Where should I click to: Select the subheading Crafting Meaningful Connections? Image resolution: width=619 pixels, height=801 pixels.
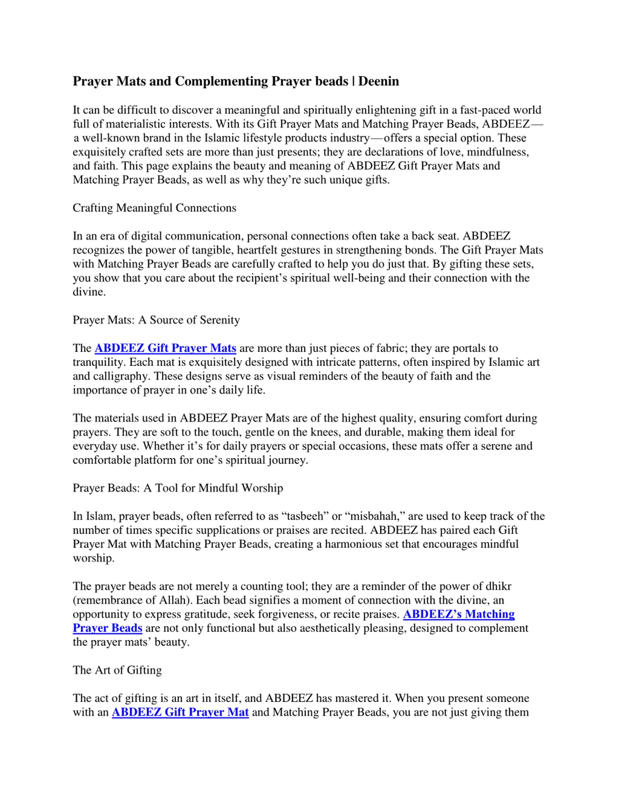click(x=154, y=208)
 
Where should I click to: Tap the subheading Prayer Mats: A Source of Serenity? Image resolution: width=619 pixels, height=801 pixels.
click(x=156, y=320)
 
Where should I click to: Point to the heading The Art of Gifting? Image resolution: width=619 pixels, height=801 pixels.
click(x=117, y=670)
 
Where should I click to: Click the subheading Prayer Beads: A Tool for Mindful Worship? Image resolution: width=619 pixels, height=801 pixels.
click(x=178, y=488)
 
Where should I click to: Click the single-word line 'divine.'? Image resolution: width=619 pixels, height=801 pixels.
click(x=89, y=292)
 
